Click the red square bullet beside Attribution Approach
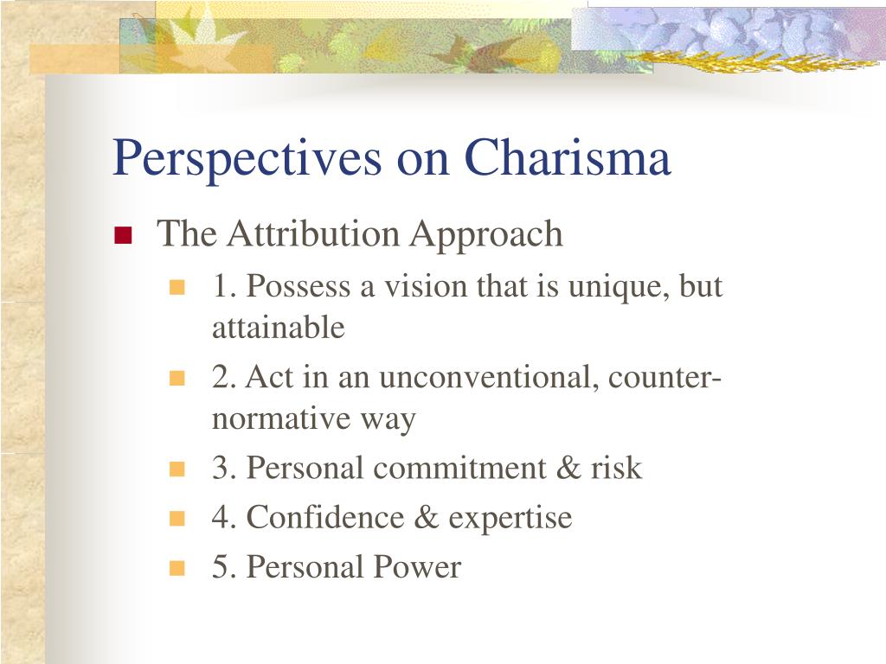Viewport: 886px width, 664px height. click(123, 235)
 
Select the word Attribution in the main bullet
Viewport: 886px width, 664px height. click(313, 233)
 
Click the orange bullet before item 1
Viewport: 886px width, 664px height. click(177, 287)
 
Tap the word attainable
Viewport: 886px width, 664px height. click(278, 328)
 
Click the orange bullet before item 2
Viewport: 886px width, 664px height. click(177, 378)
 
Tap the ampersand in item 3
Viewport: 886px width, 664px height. click(568, 468)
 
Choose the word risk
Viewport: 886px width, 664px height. click(616, 468)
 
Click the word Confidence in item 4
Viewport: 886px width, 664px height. click(325, 517)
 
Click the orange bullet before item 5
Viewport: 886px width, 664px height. click(177, 567)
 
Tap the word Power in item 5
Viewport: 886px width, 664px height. click(417, 567)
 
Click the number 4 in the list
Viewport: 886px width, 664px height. click(221, 517)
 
